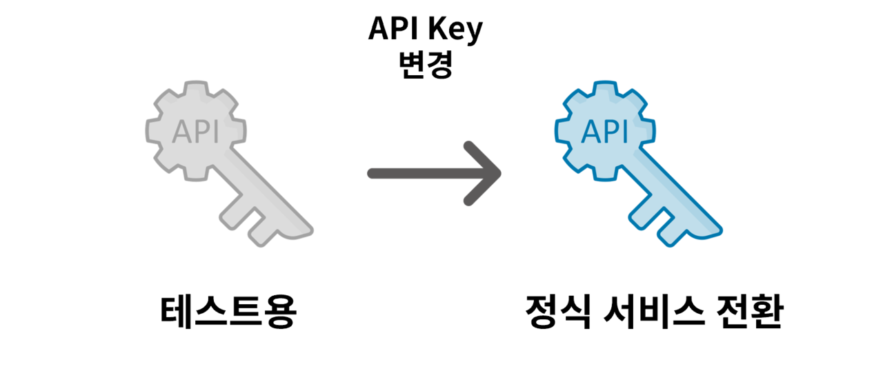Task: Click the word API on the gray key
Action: [195, 132]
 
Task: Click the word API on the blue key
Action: [605, 132]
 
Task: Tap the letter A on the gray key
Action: [181, 132]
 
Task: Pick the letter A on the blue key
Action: [591, 132]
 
